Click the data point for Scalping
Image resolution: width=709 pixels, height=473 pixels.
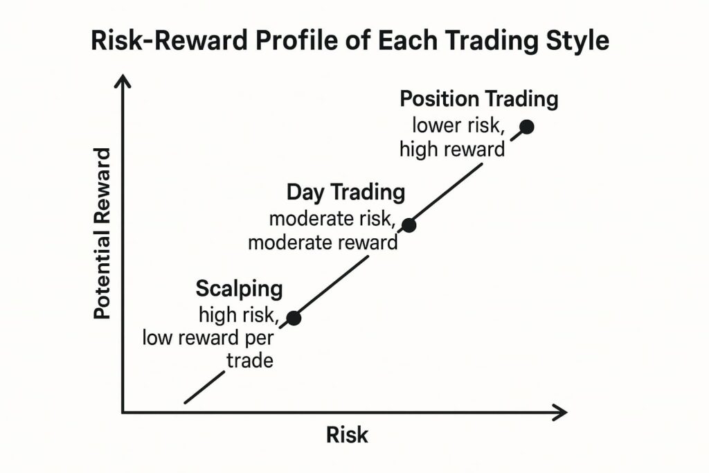coord(294,318)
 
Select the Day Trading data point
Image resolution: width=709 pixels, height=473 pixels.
coord(409,225)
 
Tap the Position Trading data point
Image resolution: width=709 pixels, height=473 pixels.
coord(527,127)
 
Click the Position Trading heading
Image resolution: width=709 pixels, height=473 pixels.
coord(478,99)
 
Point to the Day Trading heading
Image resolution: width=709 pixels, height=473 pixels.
coord(345,192)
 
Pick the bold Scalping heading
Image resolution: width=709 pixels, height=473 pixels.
coord(239,288)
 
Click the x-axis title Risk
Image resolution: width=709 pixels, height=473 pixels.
coord(347,435)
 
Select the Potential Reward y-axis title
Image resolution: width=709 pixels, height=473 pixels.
coord(102,233)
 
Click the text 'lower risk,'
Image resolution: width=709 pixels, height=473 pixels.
coord(458,126)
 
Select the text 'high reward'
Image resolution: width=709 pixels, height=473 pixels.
coord(453,148)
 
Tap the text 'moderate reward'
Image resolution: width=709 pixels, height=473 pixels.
coord(323,243)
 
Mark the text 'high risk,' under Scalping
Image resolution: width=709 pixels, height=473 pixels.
coord(239,315)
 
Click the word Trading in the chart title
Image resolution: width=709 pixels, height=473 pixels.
coord(482,42)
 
